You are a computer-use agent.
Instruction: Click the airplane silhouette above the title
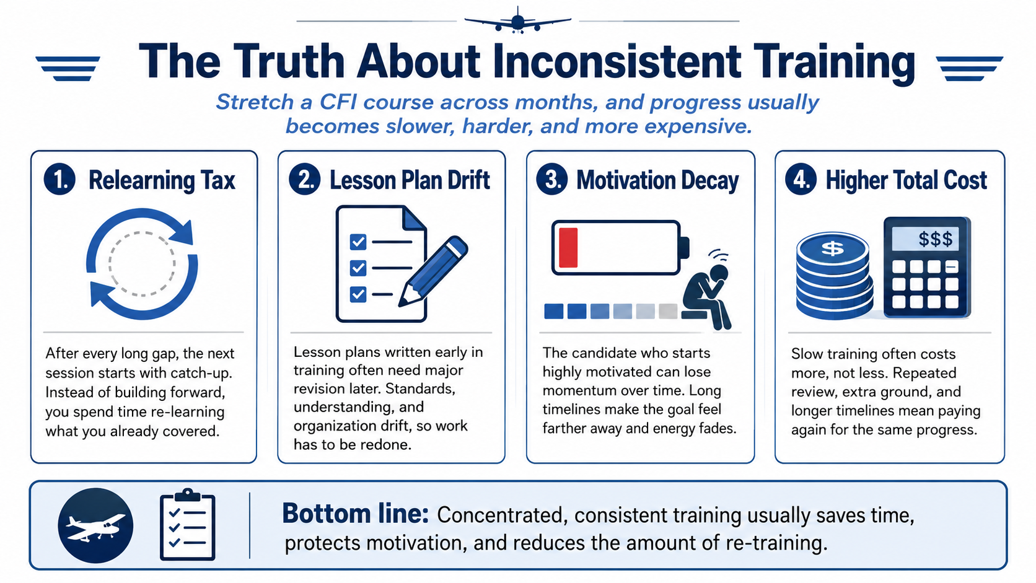(x=517, y=21)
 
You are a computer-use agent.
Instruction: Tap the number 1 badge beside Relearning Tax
(x=59, y=180)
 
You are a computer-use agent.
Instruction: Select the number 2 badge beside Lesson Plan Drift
(x=305, y=180)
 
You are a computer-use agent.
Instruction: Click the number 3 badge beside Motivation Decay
(x=552, y=180)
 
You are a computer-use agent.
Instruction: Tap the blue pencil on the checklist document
(x=433, y=271)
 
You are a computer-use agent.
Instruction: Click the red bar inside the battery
(x=568, y=247)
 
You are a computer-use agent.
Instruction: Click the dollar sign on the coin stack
(x=833, y=248)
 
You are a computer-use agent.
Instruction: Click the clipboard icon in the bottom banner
(x=187, y=524)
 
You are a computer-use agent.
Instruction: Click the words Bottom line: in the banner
(x=355, y=514)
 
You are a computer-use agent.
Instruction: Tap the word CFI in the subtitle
(x=337, y=102)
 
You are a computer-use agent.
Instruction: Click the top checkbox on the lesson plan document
(x=358, y=242)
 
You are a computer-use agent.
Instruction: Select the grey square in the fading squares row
(x=668, y=311)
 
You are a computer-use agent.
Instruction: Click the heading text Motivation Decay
(x=657, y=180)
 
